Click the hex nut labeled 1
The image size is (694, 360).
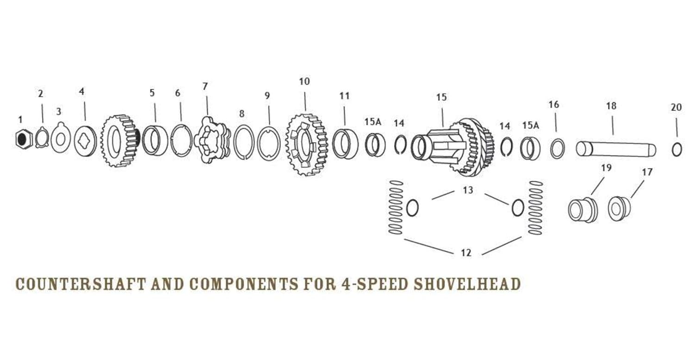click(23, 138)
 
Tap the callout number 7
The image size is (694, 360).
click(205, 87)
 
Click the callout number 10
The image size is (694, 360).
click(304, 82)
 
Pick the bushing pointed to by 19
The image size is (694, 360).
click(582, 210)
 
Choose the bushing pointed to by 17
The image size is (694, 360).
click(619, 208)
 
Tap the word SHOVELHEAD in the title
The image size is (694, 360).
click(467, 284)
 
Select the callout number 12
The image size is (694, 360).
click(466, 253)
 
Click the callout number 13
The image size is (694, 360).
click(468, 190)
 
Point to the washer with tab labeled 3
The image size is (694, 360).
click(61, 137)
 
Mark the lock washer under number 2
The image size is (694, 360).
click(42, 138)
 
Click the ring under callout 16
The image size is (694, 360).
click(557, 148)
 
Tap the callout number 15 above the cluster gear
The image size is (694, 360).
click(441, 97)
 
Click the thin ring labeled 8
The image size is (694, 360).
click(243, 142)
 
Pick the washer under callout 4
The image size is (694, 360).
click(86, 140)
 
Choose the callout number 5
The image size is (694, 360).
click(152, 93)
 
